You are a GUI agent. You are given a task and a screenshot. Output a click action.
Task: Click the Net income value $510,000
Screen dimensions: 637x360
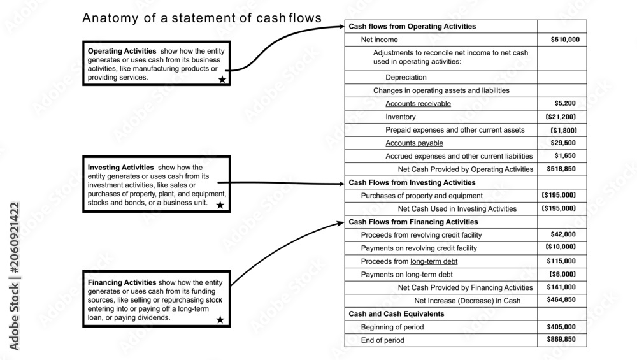coord(565,40)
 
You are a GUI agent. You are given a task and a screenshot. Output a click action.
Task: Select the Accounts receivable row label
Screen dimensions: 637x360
coord(418,104)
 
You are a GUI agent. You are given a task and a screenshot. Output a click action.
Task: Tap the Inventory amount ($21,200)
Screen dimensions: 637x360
coord(561,117)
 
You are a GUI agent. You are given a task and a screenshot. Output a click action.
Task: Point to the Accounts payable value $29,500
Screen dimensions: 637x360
coord(563,143)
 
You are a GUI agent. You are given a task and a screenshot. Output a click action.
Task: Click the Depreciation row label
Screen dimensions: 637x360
coord(406,77)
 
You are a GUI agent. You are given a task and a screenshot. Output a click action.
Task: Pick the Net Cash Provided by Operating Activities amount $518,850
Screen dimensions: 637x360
coord(561,169)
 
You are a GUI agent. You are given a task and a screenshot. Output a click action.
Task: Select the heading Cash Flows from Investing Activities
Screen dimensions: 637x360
coord(412,182)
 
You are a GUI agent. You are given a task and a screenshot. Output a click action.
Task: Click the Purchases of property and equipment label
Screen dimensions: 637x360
coord(422,196)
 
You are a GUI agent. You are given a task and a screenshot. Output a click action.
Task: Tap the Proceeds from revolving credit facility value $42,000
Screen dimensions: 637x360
coord(563,234)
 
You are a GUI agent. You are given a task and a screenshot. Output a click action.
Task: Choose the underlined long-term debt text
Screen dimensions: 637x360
coord(434,261)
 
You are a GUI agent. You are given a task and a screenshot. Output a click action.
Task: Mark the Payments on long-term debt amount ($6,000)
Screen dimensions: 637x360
coord(562,274)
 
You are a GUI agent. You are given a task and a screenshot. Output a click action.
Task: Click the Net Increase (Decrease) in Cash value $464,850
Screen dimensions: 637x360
coord(561,299)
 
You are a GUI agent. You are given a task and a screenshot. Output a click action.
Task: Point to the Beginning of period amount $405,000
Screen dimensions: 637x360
coord(561,327)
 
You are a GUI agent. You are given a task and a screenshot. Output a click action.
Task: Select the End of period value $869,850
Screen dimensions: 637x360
coord(561,339)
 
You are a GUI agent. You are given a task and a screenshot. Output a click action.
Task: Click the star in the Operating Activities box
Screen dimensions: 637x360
coord(222,79)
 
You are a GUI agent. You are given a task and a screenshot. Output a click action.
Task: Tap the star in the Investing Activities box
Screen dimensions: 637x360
coord(220,205)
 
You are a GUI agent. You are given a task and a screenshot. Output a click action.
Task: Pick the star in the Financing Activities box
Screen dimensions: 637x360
coord(220,320)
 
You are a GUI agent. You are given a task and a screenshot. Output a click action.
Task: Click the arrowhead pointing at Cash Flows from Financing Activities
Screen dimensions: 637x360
coord(340,222)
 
